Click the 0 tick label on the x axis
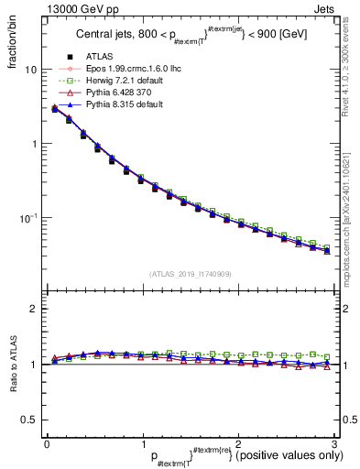pyautogui.click(x=47, y=442)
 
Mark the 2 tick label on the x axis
pyautogui.click(x=237, y=442)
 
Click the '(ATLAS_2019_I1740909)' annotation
pyautogui.click(x=190, y=274)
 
